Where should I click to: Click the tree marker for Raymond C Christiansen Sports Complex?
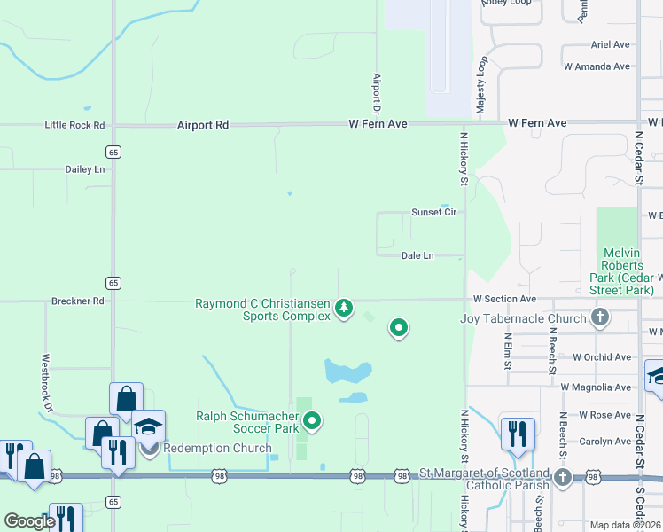344,309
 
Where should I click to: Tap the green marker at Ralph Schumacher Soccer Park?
311,420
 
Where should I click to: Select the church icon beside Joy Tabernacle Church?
600,317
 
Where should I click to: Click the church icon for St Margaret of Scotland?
562,478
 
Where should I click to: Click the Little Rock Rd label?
74,125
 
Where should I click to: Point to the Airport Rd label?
202,125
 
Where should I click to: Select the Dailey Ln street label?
84,168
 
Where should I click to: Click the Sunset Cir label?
433,212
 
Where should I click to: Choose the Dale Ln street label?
417,255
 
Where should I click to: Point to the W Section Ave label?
504,300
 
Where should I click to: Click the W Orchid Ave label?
601,356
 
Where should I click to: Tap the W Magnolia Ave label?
596,387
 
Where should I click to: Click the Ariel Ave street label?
610,44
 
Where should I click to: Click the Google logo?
29,521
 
